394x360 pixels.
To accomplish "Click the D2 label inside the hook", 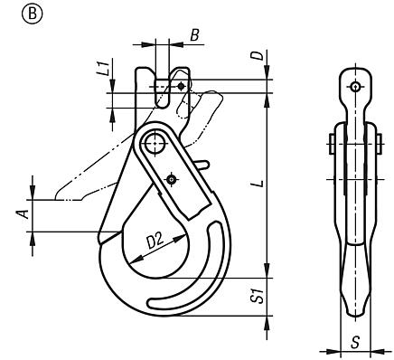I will point(155,241).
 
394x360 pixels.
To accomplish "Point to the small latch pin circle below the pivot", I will point(171,179).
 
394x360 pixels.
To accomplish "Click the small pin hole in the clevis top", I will point(182,86).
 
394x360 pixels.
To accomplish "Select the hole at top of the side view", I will point(355,87).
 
